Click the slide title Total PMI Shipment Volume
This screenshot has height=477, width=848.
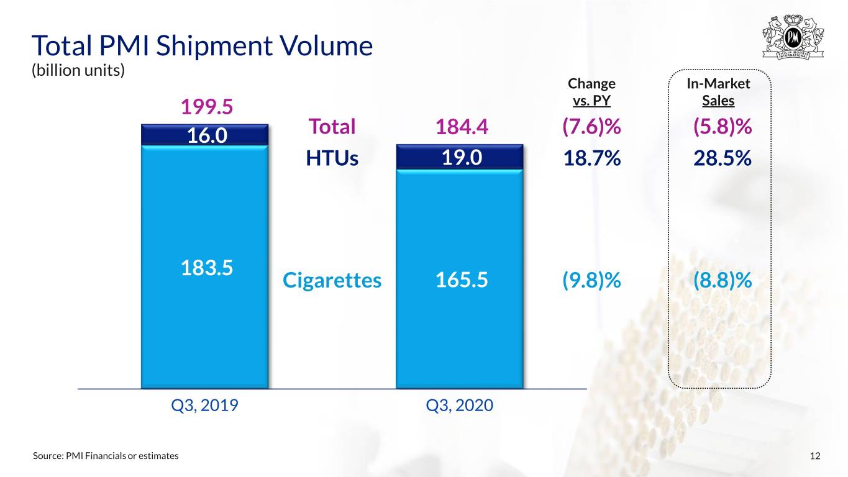(202, 45)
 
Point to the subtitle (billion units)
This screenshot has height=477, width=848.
(78, 70)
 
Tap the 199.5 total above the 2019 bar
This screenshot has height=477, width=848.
(207, 107)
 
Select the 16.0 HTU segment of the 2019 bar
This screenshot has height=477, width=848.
(205, 135)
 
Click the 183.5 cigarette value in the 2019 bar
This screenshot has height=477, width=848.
(207, 268)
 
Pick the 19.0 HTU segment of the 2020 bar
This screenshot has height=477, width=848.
(460, 157)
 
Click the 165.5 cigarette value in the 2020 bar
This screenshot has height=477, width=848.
(462, 280)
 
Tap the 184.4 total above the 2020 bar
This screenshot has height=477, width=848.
(462, 127)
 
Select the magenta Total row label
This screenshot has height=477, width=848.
(332, 127)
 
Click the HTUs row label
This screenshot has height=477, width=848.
(332, 158)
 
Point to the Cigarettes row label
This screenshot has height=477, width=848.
(332, 281)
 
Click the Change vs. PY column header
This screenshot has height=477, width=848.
(591, 92)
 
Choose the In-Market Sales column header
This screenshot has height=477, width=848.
(718, 92)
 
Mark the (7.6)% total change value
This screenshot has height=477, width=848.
(591, 127)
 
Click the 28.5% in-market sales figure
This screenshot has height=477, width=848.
(723, 158)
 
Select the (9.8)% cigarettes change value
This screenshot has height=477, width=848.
(591, 281)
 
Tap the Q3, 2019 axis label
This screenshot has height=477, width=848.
(204, 406)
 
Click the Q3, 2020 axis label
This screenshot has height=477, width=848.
(459, 406)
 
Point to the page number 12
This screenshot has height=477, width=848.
(815, 456)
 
